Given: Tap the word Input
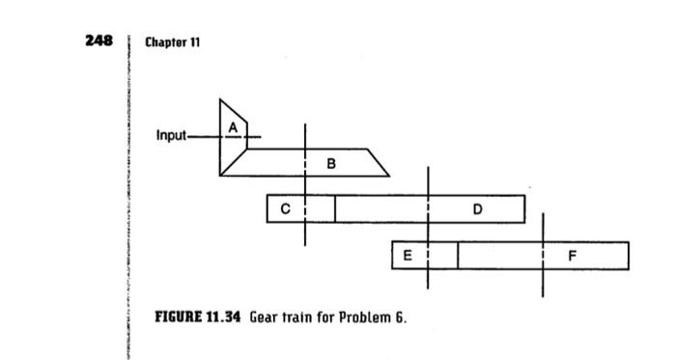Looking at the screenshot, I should [171, 135].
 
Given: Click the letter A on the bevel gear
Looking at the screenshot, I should [233, 127].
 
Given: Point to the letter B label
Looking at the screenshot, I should [331, 164].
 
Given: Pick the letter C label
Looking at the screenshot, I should [285, 208].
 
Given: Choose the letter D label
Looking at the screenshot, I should [478, 208].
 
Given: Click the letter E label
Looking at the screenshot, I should [408, 256].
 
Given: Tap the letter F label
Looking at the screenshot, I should [573, 256].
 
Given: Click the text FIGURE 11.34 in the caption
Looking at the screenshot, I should [197, 318].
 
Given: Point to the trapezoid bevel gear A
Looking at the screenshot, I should [232, 145].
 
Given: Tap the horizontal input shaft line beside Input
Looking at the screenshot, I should [203, 136].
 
